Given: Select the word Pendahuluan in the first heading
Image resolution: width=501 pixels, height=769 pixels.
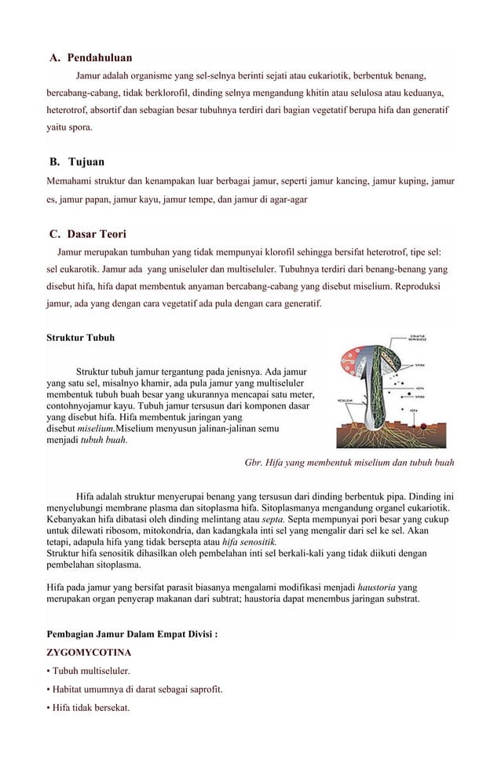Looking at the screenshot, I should pos(99,58).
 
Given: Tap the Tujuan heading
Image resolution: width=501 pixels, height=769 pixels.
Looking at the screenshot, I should pos(86,162).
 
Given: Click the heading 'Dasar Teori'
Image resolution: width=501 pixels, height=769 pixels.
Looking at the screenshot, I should pos(97,234).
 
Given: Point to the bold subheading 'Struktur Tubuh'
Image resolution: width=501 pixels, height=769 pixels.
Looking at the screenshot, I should pos(80,338).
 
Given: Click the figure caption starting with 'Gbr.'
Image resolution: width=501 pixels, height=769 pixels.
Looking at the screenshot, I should pos(349,463).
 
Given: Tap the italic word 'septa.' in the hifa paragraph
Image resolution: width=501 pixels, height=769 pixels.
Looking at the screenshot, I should pos(272,519).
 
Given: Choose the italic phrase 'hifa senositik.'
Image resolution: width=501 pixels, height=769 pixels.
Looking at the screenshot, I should pos(250,542).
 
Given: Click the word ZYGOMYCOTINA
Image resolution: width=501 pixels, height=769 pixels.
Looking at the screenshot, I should pos(88,652).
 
